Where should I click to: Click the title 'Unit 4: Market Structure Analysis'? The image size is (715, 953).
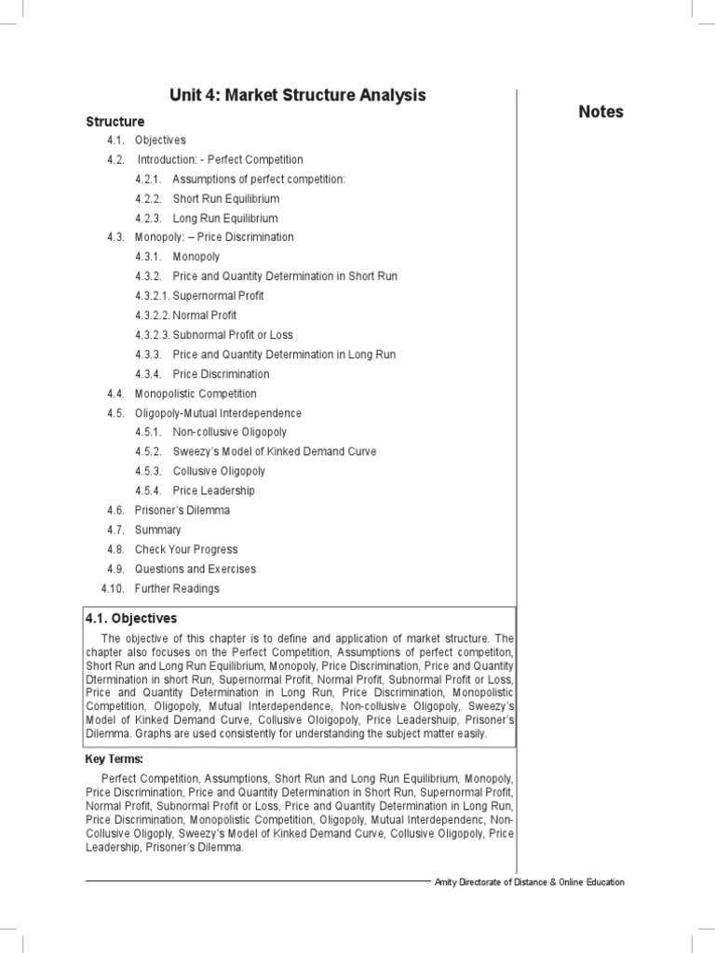(x=297, y=95)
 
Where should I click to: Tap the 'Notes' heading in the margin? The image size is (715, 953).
(x=600, y=112)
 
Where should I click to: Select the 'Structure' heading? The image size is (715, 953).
(x=115, y=122)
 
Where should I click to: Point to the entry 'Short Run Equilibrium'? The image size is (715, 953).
(x=225, y=199)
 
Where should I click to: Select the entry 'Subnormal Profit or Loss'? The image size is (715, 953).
(x=232, y=335)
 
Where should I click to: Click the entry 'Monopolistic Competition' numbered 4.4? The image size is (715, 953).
(x=196, y=394)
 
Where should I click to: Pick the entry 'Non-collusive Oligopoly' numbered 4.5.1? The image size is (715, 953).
(x=229, y=433)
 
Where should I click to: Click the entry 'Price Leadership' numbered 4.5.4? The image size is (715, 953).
(x=213, y=491)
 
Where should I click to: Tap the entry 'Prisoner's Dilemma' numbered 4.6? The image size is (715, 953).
(x=182, y=511)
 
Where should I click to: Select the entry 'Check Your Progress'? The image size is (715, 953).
(x=185, y=550)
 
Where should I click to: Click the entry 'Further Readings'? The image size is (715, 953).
(x=177, y=589)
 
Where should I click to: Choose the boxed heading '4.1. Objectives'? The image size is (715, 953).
(x=130, y=619)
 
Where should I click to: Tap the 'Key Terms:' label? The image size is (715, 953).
(x=114, y=759)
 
